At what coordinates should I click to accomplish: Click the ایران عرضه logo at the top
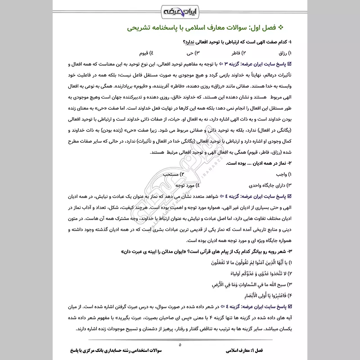(x=180, y=9)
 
